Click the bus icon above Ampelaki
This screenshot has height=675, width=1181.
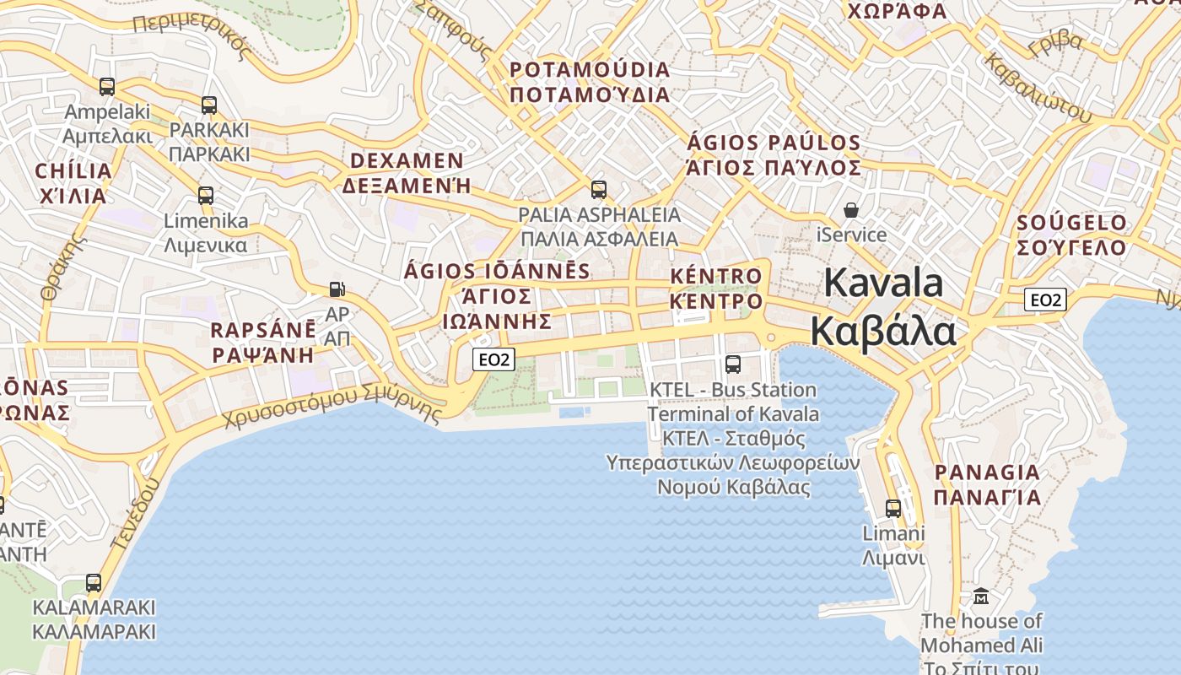[107, 86]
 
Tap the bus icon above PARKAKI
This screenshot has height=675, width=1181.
[209, 105]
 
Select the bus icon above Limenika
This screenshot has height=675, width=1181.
[206, 196]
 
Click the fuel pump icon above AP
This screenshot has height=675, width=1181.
[337, 289]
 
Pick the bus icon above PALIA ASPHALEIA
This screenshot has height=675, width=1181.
[599, 189]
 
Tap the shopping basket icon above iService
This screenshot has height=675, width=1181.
[851, 209]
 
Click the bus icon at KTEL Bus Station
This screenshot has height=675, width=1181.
[733, 364]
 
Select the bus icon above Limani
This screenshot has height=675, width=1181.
[893, 508]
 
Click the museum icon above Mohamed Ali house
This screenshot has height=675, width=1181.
[981, 597]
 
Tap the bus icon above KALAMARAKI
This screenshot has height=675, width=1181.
[94, 583]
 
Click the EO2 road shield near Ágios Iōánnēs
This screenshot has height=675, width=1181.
[493, 359]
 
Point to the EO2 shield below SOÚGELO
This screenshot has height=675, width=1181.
[1046, 299]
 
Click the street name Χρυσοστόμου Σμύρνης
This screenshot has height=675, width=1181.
[333, 404]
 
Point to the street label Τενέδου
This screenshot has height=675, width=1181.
[135, 514]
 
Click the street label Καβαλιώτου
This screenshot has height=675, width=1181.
[1038, 88]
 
